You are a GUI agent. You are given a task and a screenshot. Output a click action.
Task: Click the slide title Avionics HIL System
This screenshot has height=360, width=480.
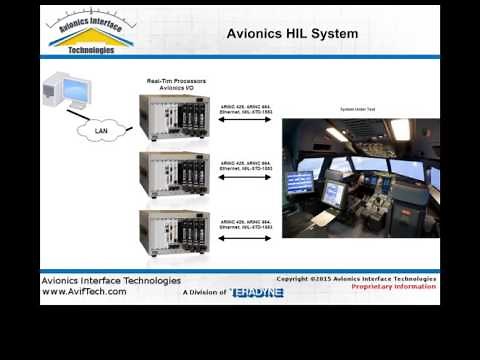tap(292, 34)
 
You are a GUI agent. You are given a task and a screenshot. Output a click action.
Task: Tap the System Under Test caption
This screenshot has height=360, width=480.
tap(357, 108)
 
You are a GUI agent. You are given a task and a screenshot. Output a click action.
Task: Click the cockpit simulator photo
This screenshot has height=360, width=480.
tap(360, 177)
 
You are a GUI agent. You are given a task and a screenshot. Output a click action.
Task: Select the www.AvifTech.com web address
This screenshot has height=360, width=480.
tap(84, 292)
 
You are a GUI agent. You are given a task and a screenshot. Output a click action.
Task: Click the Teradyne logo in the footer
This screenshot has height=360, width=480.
tap(257, 293)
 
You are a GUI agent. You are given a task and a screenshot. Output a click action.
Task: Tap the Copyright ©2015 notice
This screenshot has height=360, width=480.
tap(356, 279)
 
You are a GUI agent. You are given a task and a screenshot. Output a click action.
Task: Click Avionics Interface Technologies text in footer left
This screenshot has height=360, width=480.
tap(110, 281)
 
